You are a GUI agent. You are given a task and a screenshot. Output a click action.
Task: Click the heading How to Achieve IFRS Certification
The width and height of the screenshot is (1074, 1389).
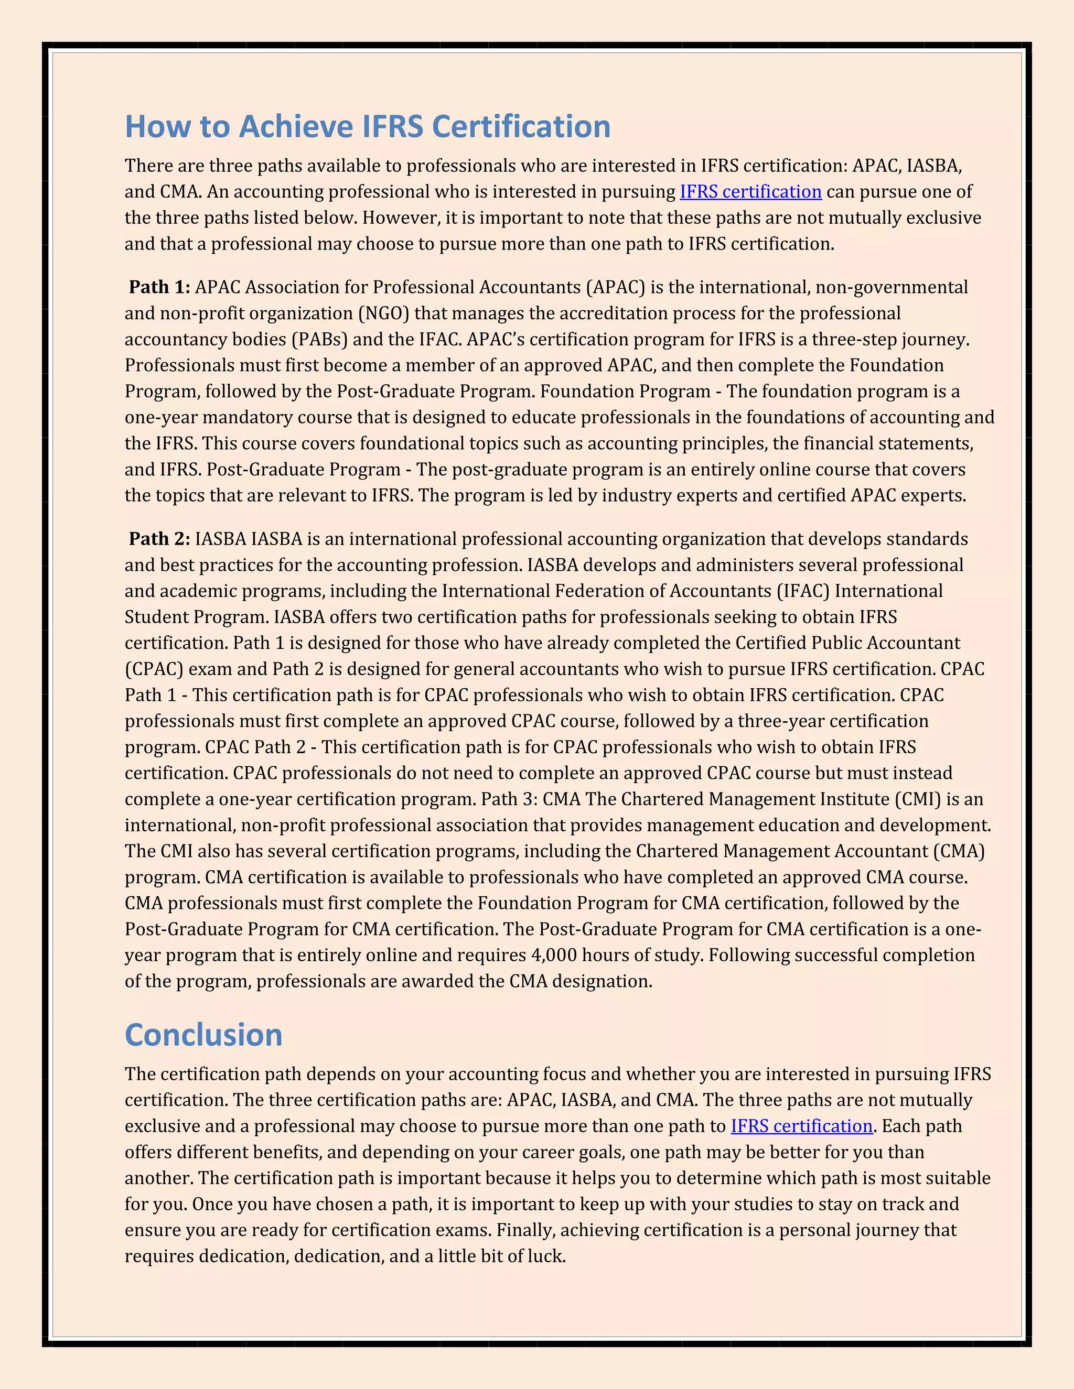(367, 126)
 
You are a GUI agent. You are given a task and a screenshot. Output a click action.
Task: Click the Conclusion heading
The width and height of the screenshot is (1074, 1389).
(203, 1035)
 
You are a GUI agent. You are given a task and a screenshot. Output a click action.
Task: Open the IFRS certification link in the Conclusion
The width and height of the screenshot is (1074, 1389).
(801, 1126)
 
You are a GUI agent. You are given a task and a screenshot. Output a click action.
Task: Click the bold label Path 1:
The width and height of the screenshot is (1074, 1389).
(159, 287)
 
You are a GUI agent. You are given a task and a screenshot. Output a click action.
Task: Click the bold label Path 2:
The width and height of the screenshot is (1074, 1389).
(159, 539)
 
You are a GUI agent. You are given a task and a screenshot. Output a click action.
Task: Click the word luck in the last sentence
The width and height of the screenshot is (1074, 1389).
(547, 1256)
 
